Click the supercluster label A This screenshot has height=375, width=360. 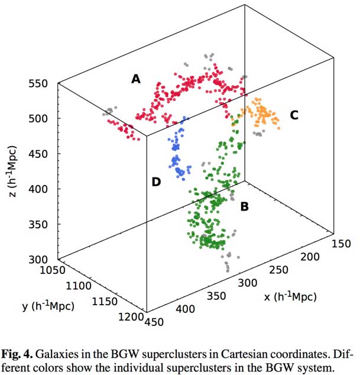pyautogui.click(x=136, y=78)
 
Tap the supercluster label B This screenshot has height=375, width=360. pyautogui.click(x=244, y=207)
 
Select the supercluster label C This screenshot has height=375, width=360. pyautogui.click(x=294, y=115)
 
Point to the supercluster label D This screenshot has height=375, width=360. pyautogui.click(x=156, y=182)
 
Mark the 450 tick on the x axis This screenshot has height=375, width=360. pyautogui.click(x=155, y=321)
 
